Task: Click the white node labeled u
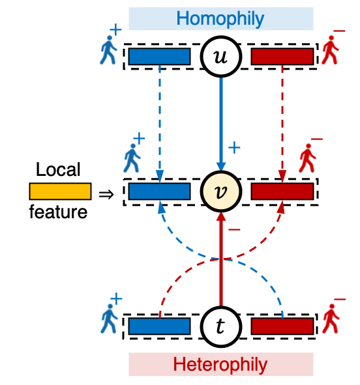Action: click(x=220, y=57)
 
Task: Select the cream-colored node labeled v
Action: click(x=220, y=192)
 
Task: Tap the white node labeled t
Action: click(x=220, y=326)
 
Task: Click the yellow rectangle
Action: click(x=60, y=192)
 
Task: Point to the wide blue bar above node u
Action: click(x=220, y=19)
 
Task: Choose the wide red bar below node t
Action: click(x=220, y=364)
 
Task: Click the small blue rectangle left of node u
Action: click(x=159, y=57)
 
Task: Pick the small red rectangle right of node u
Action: click(x=282, y=57)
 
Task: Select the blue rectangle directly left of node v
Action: click(x=159, y=192)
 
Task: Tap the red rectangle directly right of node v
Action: click(x=282, y=192)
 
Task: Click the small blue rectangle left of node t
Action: click(x=159, y=326)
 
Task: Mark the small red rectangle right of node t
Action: click(x=282, y=326)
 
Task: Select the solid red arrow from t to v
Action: click(x=220, y=261)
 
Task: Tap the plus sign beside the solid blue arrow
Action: click(x=234, y=148)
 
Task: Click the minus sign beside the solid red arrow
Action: click(x=234, y=229)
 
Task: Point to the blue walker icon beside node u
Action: click(x=108, y=50)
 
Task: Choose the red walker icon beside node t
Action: click(x=331, y=319)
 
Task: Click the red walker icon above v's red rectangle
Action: click(x=307, y=158)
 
